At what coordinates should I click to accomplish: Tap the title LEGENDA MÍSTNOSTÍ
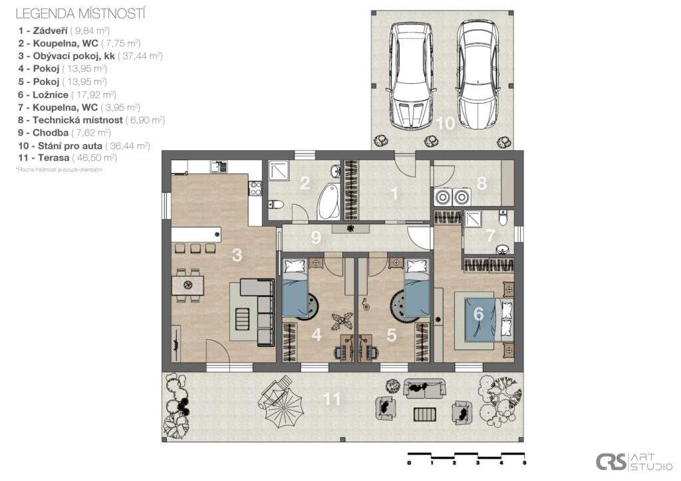[x=80, y=13]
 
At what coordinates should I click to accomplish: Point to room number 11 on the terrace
[x=332, y=399]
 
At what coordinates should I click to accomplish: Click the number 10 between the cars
[x=446, y=124]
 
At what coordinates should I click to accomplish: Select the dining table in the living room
[x=188, y=285]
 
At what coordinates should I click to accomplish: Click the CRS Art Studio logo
[x=624, y=462]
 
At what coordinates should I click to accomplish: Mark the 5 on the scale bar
[x=525, y=462]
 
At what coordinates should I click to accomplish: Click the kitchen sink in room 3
[x=218, y=167]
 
